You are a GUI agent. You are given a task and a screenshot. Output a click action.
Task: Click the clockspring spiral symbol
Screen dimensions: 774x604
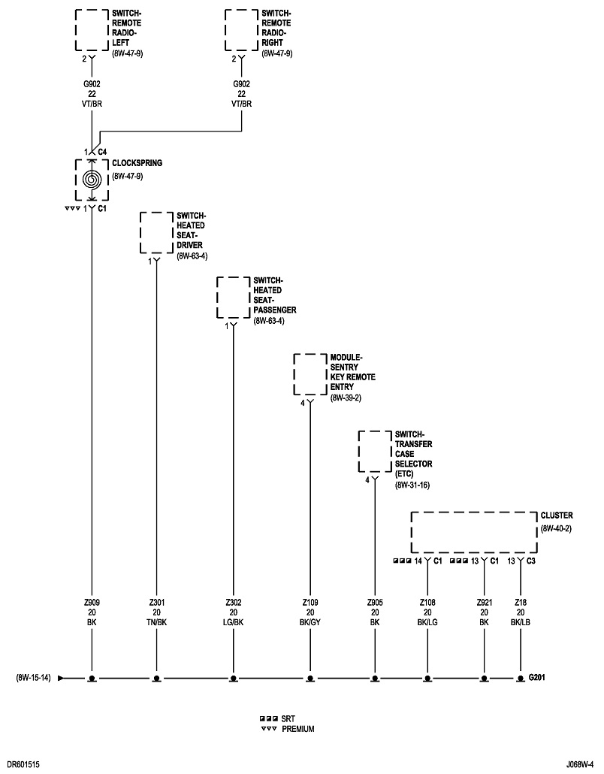(x=92, y=181)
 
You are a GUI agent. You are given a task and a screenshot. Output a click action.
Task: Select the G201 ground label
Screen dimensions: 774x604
(x=536, y=678)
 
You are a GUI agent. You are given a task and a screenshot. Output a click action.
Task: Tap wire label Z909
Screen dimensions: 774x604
(x=92, y=603)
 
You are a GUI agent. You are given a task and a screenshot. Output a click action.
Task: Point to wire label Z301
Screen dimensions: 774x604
(x=156, y=603)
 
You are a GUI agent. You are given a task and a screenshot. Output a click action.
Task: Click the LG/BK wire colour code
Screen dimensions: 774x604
(x=233, y=622)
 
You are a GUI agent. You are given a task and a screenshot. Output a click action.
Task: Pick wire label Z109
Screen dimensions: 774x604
(x=310, y=603)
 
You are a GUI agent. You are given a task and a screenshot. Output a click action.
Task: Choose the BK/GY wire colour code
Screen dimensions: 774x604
(x=310, y=622)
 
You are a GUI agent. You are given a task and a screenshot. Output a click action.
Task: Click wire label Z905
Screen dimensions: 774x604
(x=374, y=603)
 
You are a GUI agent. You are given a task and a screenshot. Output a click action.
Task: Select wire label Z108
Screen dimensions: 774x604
(x=427, y=603)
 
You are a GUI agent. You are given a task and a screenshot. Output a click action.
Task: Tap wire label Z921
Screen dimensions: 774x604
(x=484, y=603)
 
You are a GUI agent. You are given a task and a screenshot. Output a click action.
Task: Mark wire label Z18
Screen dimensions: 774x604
(x=520, y=603)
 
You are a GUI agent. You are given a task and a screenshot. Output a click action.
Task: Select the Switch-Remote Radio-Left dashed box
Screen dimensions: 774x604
(x=92, y=30)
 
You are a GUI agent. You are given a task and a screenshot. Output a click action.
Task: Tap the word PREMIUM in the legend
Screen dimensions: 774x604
(x=298, y=729)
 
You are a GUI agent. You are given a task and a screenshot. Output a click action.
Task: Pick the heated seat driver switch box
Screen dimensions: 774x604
(x=156, y=233)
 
